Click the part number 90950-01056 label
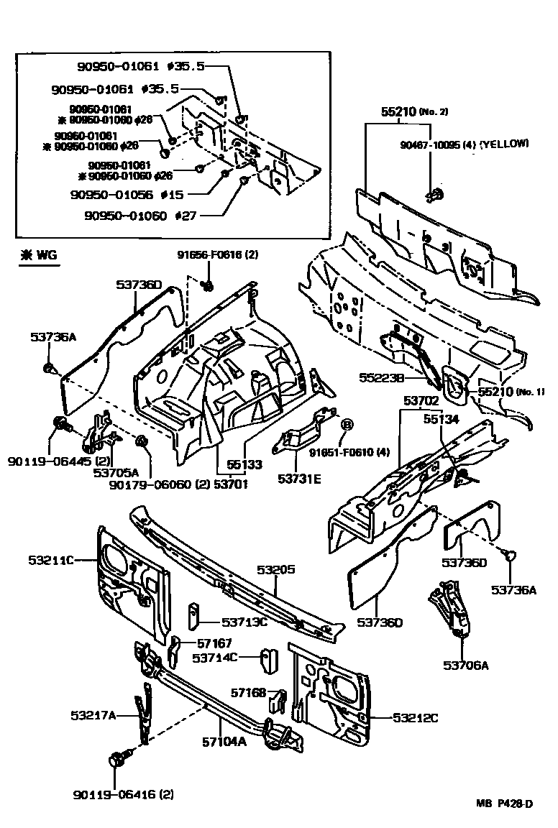coord(113,194)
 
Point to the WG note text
coord(40,254)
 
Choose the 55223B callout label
coord(380,377)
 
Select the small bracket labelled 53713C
coord(193,615)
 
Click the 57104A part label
coord(223,742)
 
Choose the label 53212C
coord(416,717)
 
